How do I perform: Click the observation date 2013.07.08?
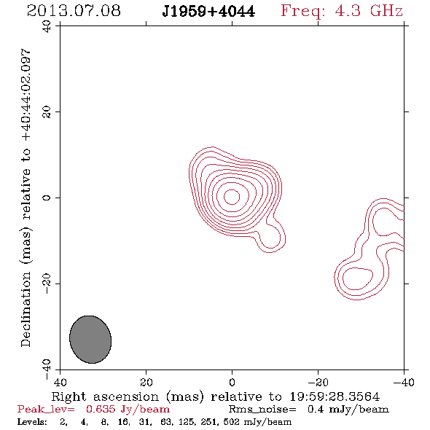click(74, 11)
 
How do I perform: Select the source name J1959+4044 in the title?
click(208, 12)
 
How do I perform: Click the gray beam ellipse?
click(90, 340)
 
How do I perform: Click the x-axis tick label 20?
click(146, 383)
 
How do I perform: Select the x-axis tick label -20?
click(318, 383)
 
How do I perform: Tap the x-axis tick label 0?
click(232, 383)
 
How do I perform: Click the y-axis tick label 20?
click(47, 112)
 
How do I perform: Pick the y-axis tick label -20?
click(47, 284)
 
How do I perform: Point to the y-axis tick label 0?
click(47, 198)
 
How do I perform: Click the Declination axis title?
click(26, 198)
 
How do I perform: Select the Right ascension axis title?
click(216, 396)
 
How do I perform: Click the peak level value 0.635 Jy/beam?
click(128, 410)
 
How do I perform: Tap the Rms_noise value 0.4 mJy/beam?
click(348, 410)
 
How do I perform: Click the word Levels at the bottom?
click(32, 421)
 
